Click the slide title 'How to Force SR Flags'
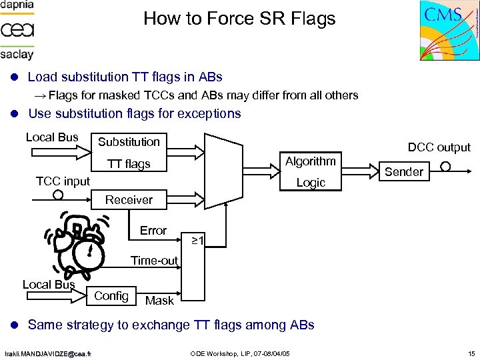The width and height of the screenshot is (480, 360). pyautogui.click(x=239, y=19)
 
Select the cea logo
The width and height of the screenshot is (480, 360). pyautogui.click(x=17, y=30)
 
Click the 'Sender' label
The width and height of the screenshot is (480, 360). pyautogui.click(x=404, y=172)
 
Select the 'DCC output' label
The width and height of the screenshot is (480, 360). pyautogui.click(x=439, y=147)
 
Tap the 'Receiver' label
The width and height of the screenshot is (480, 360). pyautogui.click(x=129, y=200)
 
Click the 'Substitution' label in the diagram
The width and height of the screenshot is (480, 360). pyautogui.click(x=129, y=141)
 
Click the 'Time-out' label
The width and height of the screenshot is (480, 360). pyautogui.click(x=154, y=261)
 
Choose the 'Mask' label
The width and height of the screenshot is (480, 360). pyautogui.click(x=159, y=301)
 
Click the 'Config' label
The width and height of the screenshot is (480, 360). pyautogui.click(x=111, y=295)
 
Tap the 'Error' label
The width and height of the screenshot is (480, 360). pyautogui.click(x=153, y=231)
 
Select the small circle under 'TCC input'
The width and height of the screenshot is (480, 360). pyautogui.click(x=58, y=195)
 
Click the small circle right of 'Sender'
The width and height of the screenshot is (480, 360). pyautogui.click(x=445, y=167)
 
